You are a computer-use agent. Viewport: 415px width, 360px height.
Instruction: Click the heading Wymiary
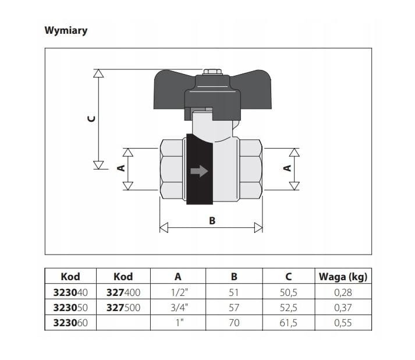click(x=66, y=31)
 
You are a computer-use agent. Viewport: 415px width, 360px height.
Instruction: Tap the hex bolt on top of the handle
click(x=213, y=72)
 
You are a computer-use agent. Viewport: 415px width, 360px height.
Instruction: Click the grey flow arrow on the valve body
click(x=199, y=171)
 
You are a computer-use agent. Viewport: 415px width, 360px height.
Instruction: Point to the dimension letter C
click(x=91, y=119)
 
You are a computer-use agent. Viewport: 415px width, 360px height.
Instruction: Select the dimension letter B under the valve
click(x=212, y=221)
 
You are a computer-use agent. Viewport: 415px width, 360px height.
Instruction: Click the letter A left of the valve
click(x=121, y=168)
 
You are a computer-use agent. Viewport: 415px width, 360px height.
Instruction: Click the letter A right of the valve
click(x=287, y=168)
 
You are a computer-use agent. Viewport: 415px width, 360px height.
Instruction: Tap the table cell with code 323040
click(x=70, y=292)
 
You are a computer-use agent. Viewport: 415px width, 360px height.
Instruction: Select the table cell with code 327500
click(x=123, y=308)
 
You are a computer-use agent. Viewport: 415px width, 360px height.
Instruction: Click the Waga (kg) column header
click(x=343, y=277)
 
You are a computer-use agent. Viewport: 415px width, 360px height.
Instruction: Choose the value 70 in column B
click(x=234, y=323)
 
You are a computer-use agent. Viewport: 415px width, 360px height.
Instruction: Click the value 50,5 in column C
click(x=289, y=292)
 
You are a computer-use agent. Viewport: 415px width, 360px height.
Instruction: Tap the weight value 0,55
click(x=343, y=323)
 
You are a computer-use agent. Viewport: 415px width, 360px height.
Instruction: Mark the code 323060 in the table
click(x=70, y=323)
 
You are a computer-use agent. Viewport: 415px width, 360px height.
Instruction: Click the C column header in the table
click(x=289, y=277)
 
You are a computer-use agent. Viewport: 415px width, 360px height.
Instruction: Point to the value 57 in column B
click(x=234, y=308)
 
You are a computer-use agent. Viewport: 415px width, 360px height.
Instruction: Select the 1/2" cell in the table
click(x=179, y=292)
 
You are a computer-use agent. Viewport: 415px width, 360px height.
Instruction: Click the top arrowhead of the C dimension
click(x=98, y=73)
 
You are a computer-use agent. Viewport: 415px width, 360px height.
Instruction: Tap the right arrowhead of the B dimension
click(x=258, y=228)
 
